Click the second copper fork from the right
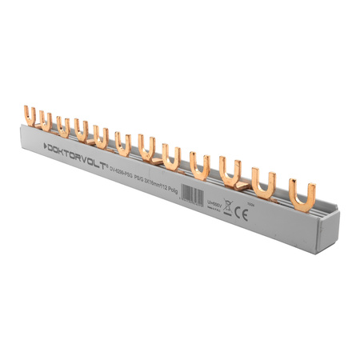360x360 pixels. pyautogui.click(x=264, y=177)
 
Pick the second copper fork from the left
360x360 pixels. pyautogui.click(x=47, y=122)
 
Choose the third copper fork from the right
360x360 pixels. pyautogui.click(x=231, y=167)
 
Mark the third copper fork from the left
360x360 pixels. pyautogui.click(x=63, y=126)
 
